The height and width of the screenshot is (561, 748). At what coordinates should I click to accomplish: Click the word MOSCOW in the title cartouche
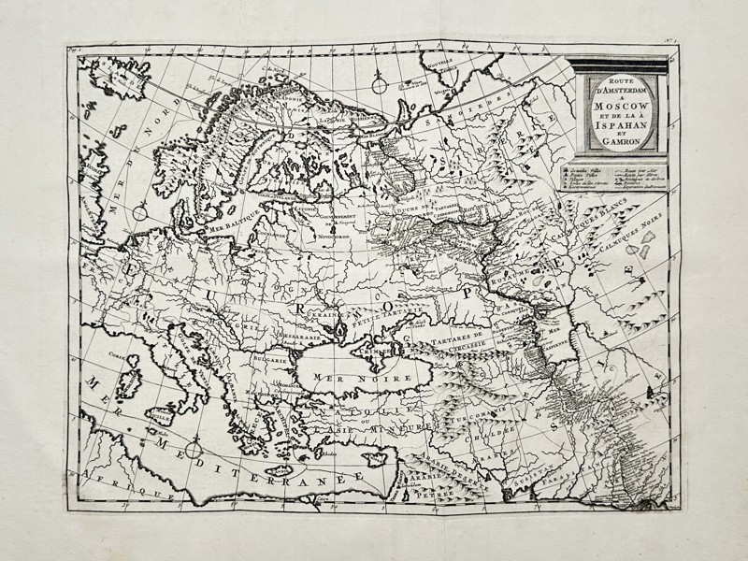click(x=618, y=108)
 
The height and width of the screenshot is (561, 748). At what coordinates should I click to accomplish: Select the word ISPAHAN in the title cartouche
click(x=618, y=132)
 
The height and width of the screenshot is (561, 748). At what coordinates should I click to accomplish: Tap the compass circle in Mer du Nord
click(x=139, y=213)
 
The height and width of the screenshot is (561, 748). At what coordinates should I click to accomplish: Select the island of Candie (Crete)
click(x=280, y=469)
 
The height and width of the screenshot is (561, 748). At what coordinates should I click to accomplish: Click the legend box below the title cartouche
click(x=617, y=178)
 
